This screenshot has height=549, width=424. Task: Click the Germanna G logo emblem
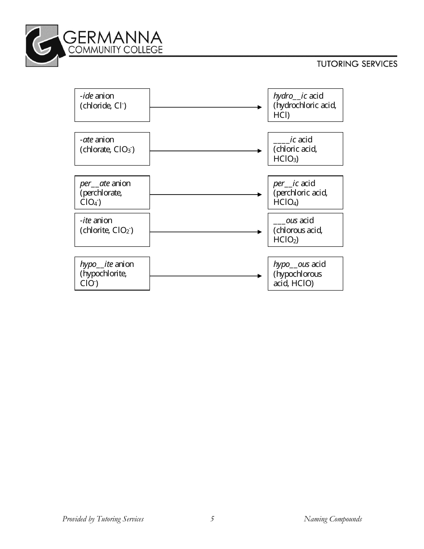click(42, 46)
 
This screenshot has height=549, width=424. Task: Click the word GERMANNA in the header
click(115, 36)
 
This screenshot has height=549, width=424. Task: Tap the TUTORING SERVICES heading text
click(357, 64)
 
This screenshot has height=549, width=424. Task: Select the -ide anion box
click(112, 105)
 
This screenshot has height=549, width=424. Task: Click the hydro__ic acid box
click(305, 105)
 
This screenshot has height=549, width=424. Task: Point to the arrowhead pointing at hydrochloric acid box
click(260, 107)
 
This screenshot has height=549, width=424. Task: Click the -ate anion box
click(112, 149)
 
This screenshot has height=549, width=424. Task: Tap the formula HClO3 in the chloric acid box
click(286, 159)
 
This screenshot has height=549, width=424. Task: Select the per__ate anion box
click(112, 192)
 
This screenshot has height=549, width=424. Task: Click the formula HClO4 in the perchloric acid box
click(286, 203)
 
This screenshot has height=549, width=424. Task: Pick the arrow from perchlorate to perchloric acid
click(205, 195)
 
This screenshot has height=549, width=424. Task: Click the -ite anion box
click(112, 229)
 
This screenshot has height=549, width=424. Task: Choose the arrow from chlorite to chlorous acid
click(205, 232)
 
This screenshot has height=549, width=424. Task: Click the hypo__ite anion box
click(112, 273)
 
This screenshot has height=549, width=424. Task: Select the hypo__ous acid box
click(305, 273)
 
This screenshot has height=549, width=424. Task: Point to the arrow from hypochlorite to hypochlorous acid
click(205, 276)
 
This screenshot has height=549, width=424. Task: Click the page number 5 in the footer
click(212, 519)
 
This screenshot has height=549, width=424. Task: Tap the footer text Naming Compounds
click(333, 519)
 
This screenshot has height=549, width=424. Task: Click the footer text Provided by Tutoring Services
click(103, 519)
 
